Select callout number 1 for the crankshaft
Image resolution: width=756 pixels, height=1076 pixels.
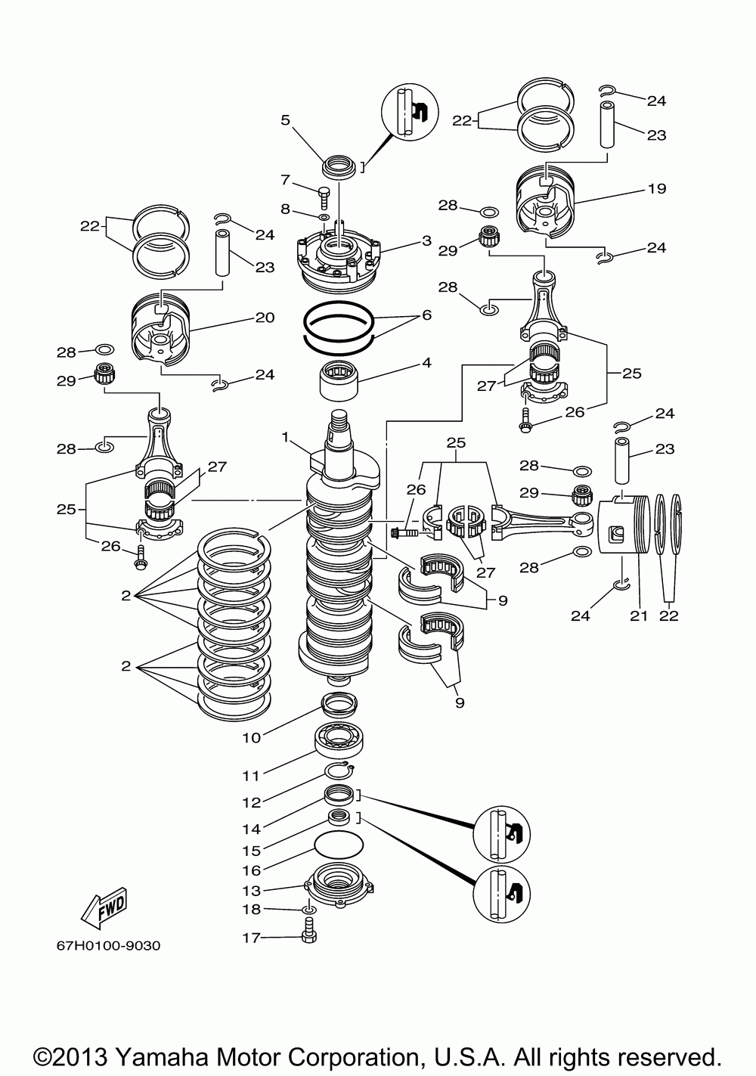(285, 436)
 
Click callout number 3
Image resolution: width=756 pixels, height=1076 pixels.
(426, 240)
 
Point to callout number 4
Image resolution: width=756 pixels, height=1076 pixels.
(426, 362)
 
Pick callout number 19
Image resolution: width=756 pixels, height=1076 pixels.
(656, 188)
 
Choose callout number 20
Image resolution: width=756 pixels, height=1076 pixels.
(265, 317)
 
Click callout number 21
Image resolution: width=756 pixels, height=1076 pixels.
(639, 616)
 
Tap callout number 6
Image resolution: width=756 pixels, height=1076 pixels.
(426, 315)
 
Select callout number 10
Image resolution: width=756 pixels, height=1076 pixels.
(251, 737)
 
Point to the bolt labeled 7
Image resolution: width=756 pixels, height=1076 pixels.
(324, 196)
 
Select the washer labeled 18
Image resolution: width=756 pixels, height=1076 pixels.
(310, 909)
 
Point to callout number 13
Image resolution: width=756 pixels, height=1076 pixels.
(251, 890)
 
